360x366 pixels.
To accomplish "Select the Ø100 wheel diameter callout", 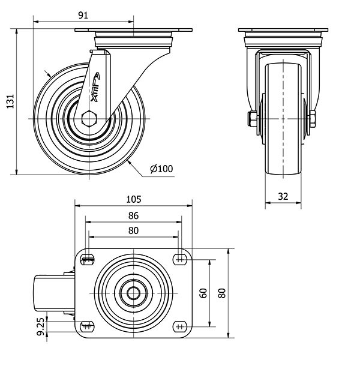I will (161, 169).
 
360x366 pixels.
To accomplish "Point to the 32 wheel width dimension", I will (283, 196).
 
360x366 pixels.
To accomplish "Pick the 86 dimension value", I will (133, 215).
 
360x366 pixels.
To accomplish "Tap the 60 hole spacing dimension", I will (203, 293).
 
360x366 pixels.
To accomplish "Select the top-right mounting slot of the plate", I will (179, 260).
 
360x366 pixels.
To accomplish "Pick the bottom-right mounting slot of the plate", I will (179, 326).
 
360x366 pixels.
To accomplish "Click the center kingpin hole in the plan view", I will (133, 293).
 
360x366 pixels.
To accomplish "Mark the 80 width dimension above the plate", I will (133, 230).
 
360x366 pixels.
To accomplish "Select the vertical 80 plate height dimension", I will (222, 293).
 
